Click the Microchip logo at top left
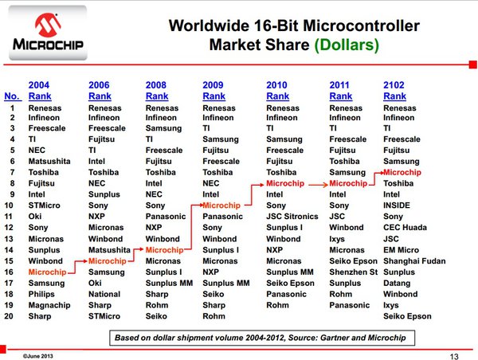coord(48,33)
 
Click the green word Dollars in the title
coord(347,45)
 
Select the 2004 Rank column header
coord(40,91)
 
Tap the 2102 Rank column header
coord(394,91)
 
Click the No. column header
coord(13,96)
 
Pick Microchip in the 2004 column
coord(47,272)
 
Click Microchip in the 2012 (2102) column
coord(402,172)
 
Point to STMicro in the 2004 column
coord(44,205)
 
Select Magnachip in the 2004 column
coord(49,305)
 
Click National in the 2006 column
coord(104,294)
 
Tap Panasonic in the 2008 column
coord(166,217)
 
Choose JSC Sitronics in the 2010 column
coord(292,217)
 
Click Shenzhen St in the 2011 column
coord(353,272)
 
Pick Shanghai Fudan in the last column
coord(414,261)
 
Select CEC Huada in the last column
coord(405,228)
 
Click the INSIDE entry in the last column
coord(397,205)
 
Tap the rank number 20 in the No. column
coord(9,316)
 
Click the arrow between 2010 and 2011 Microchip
coord(318,185)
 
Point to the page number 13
coord(454,356)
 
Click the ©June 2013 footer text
coord(37,356)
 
